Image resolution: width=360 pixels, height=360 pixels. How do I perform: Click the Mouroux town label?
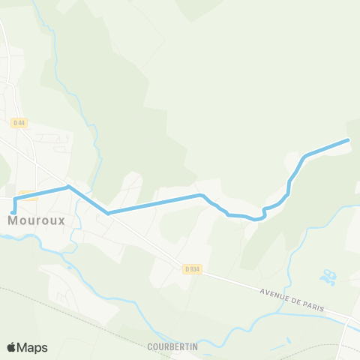pyautogui.click(x=36, y=221)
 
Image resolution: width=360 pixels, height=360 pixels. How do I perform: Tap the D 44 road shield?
pyautogui.click(x=19, y=122)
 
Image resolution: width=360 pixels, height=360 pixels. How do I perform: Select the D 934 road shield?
pyautogui.click(x=192, y=268)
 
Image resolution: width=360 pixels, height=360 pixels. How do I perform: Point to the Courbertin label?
pyautogui.click(x=172, y=346)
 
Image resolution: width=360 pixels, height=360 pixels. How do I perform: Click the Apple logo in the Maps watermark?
pyautogui.click(x=12, y=347)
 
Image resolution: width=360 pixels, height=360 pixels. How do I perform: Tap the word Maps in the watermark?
pyautogui.click(x=32, y=348)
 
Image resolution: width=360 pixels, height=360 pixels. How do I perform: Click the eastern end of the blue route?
pyautogui.click(x=348, y=140)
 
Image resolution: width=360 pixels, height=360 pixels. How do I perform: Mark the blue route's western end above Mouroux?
pyautogui.click(x=13, y=212)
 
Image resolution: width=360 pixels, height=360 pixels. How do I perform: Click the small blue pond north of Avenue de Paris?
pyautogui.click(x=328, y=278)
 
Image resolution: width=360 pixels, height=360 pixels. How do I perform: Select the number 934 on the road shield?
pyautogui.click(x=195, y=268)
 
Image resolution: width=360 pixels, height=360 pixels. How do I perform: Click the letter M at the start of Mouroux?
pyautogui.click(x=14, y=221)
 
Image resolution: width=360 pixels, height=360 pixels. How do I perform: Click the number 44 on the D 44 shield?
pyautogui.click(x=22, y=122)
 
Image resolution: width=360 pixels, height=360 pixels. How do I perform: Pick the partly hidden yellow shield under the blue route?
pyautogui.click(x=28, y=196)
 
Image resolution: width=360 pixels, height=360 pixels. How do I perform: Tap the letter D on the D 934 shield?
pyautogui.click(x=186, y=268)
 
